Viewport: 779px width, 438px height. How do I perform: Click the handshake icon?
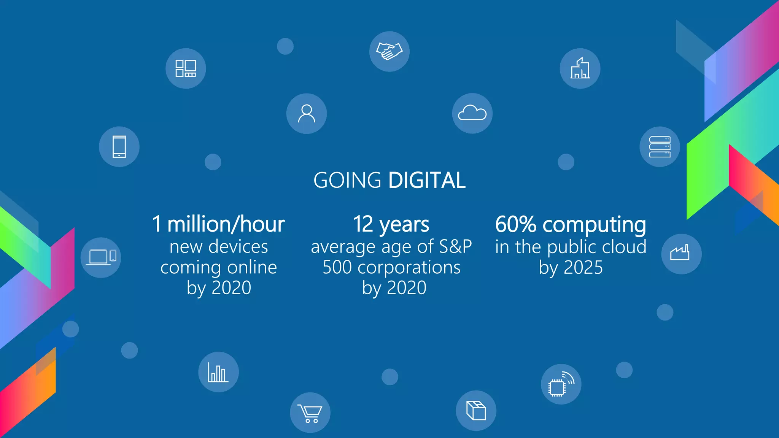pyautogui.click(x=389, y=51)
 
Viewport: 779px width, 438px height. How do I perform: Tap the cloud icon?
pyautogui.click(x=472, y=113)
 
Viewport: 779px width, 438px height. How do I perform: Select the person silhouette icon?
pyautogui.click(x=306, y=114)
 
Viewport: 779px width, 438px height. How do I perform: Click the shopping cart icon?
pyautogui.click(x=310, y=413)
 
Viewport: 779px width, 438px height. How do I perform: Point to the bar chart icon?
pyautogui.click(x=218, y=372)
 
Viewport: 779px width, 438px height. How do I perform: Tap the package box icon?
pyautogui.click(x=476, y=411)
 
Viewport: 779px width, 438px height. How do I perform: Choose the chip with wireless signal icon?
pyautogui.click(x=561, y=384)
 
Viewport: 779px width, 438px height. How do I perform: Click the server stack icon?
pyautogui.click(x=659, y=147)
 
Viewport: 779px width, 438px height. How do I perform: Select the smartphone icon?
pyautogui.click(x=119, y=147)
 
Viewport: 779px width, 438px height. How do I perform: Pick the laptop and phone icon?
pyautogui.click(x=101, y=257)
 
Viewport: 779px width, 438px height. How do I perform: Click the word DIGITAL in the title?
pyautogui.click(x=427, y=180)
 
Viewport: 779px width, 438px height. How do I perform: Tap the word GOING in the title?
pyautogui.click(x=347, y=180)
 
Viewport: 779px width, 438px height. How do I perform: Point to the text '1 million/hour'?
pyautogui.click(x=218, y=224)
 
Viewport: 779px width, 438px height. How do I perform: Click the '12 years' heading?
pyautogui.click(x=391, y=224)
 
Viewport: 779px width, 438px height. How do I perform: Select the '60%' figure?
pyautogui.click(x=515, y=224)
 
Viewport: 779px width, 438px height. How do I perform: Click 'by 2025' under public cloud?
pyautogui.click(x=571, y=268)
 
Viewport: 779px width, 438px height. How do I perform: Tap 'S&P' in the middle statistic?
pyautogui.click(x=455, y=247)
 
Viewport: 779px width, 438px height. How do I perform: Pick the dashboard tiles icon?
pyautogui.click(x=186, y=68)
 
